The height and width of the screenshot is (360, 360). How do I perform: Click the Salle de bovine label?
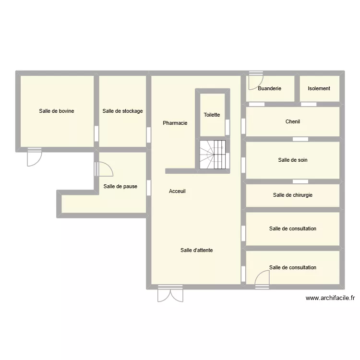coord(57,111)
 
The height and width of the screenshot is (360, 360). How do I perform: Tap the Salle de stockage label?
coord(122,111)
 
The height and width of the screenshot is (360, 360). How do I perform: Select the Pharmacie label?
coord(175,123)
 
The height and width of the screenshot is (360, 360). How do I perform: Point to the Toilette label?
coord(212,115)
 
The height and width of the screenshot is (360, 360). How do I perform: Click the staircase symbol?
coord(213,154)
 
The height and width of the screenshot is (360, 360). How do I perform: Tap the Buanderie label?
coord(269,88)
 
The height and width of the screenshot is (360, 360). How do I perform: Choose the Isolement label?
coord(319,88)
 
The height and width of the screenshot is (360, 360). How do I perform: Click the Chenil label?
coord(293,121)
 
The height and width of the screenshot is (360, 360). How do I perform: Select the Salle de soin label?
coord(293,160)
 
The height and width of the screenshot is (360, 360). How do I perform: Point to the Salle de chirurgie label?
coord(293,195)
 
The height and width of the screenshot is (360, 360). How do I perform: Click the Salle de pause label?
coord(120,186)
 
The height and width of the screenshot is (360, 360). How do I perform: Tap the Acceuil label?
coord(177,191)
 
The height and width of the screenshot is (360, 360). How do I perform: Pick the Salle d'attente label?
coord(197,250)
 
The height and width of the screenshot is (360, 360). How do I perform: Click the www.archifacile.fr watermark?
coord(330,298)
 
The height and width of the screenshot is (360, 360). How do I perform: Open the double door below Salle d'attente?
coord(170,294)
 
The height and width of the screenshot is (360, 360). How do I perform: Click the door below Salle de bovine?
coord(35,157)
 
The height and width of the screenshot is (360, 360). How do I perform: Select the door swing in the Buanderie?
coord(255,81)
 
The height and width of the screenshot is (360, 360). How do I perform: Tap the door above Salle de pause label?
coord(104,168)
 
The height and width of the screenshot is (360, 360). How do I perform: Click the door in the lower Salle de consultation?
coord(262,279)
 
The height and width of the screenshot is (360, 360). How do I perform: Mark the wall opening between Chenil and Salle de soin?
coord(300,139)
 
